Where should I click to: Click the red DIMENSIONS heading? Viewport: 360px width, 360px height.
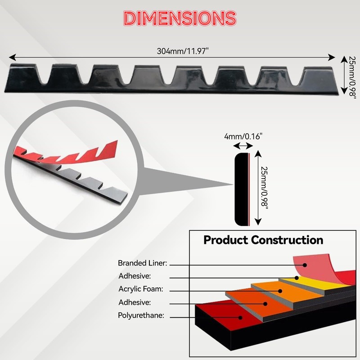(x=180, y=18)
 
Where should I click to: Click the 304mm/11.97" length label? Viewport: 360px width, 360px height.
(x=183, y=51)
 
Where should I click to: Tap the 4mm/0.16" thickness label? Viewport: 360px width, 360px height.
(x=243, y=136)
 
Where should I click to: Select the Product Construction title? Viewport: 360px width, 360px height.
(x=263, y=240)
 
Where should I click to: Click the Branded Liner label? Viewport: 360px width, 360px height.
(x=142, y=263)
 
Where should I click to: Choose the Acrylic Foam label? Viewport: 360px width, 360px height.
(x=141, y=289)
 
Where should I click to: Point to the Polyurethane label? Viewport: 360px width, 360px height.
(x=141, y=315)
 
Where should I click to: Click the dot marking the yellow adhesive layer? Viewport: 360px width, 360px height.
(x=297, y=278)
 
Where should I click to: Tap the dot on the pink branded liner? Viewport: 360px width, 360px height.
(x=305, y=265)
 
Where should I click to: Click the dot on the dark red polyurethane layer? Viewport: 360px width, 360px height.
(x=240, y=318)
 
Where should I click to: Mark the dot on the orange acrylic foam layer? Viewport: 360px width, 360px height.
(x=280, y=291)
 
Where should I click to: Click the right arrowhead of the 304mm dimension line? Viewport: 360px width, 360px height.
(x=332, y=58)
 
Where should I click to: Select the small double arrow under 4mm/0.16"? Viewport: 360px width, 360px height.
(x=243, y=145)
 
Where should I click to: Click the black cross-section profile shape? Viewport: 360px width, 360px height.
(x=241, y=189)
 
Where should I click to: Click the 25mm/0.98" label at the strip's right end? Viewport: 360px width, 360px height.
(x=352, y=77)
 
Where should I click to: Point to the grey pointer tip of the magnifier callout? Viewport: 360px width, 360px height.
(x=232, y=184)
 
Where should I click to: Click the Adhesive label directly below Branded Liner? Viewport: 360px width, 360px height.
(x=135, y=276)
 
